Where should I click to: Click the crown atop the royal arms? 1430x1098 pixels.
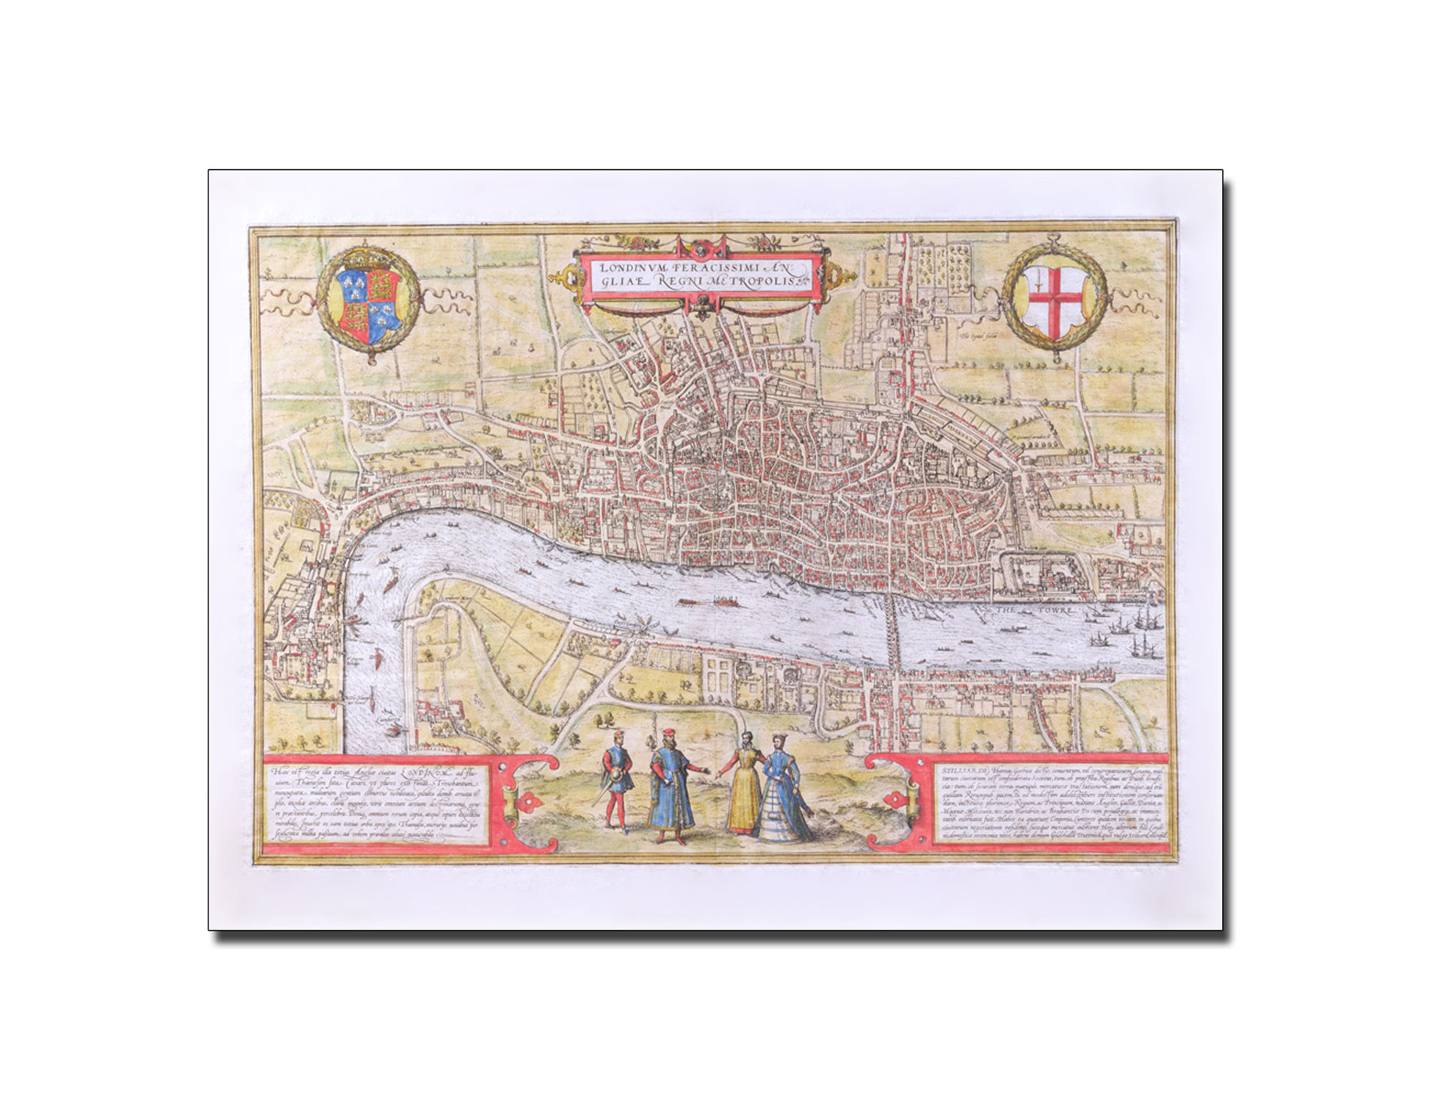click(365, 258)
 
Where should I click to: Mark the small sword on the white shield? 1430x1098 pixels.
click(1039, 281)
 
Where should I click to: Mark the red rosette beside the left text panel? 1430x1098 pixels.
click(526, 806)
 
